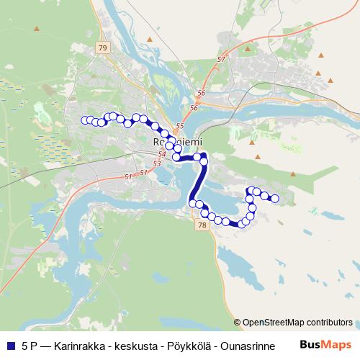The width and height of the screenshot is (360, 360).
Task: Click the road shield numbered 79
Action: point(102,48)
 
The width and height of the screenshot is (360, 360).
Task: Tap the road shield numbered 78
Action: point(201,225)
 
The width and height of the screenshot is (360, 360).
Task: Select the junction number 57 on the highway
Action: point(221,59)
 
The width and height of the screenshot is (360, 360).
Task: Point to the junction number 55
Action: point(180,126)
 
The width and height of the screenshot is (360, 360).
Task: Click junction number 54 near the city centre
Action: point(161,154)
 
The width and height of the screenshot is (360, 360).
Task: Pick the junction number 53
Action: point(158,164)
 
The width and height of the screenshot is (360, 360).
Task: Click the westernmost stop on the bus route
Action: point(85,120)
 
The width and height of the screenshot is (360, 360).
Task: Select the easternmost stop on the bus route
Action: point(274,198)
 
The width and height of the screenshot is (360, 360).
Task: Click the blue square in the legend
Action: point(9,345)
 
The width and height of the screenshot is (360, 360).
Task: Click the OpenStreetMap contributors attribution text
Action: point(297,322)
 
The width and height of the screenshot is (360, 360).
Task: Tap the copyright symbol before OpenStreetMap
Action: point(237,322)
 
